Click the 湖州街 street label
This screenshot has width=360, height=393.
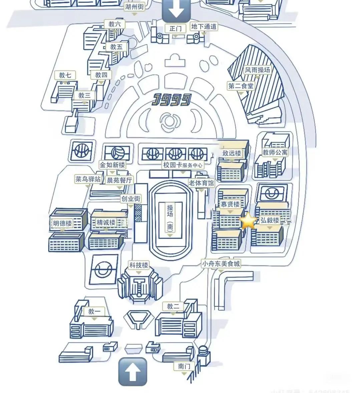click(134, 7)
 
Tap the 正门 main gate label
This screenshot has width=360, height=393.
click(175, 28)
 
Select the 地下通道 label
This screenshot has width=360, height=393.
click(204, 26)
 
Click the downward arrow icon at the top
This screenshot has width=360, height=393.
click(176, 10)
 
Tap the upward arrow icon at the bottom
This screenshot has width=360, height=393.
click(132, 372)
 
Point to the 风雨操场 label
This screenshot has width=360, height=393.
click(257, 70)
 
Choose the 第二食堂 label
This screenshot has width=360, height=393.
click(241, 86)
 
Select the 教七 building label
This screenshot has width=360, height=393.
click(65, 75)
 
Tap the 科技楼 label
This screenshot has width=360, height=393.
click(139, 265)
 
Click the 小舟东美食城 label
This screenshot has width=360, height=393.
click(221, 263)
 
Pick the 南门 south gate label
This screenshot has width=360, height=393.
click(184, 366)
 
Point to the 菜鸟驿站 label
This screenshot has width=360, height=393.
click(88, 179)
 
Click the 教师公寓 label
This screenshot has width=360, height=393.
click(275, 152)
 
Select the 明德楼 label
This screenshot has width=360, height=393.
click(63, 223)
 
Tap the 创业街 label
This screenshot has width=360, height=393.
click(131, 199)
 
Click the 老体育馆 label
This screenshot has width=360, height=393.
click(201, 183)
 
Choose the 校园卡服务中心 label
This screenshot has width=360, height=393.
click(183, 165)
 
